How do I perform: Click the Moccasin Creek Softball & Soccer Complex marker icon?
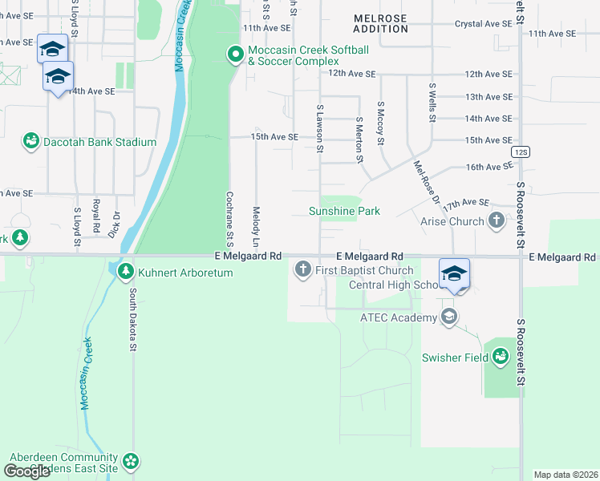tap(235, 55)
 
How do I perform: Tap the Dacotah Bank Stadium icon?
tap(31, 142)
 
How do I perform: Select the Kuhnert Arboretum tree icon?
tap(125, 273)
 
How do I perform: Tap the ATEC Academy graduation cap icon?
tap(449, 317)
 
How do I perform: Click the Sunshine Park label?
tap(344, 211)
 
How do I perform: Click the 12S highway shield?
tap(521, 152)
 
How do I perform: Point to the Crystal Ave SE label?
tap(483, 25)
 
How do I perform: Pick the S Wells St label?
tap(432, 102)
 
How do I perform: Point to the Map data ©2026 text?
tap(566, 475)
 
